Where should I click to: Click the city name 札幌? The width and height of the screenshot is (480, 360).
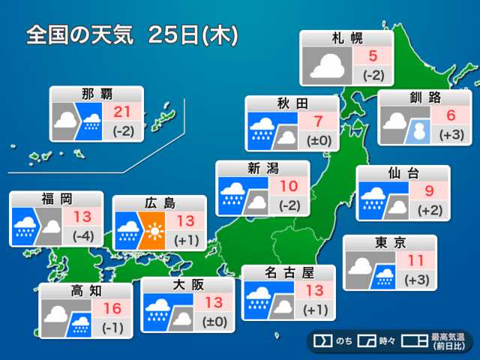[x=346, y=38]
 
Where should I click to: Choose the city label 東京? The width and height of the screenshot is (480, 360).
[x=389, y=242]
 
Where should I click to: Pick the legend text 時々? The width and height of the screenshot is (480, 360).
[x=387, y=341]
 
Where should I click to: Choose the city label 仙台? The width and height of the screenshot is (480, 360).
[x=403, y=173]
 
